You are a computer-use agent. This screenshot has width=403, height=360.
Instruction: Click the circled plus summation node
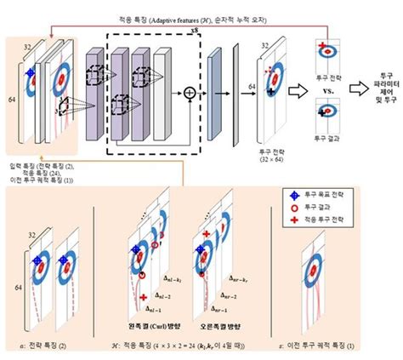(x=189, y=90)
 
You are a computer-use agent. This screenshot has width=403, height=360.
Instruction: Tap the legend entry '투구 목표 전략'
(x=326, y=195)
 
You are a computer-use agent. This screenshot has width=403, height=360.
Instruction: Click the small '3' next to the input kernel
(x=54, y=110)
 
